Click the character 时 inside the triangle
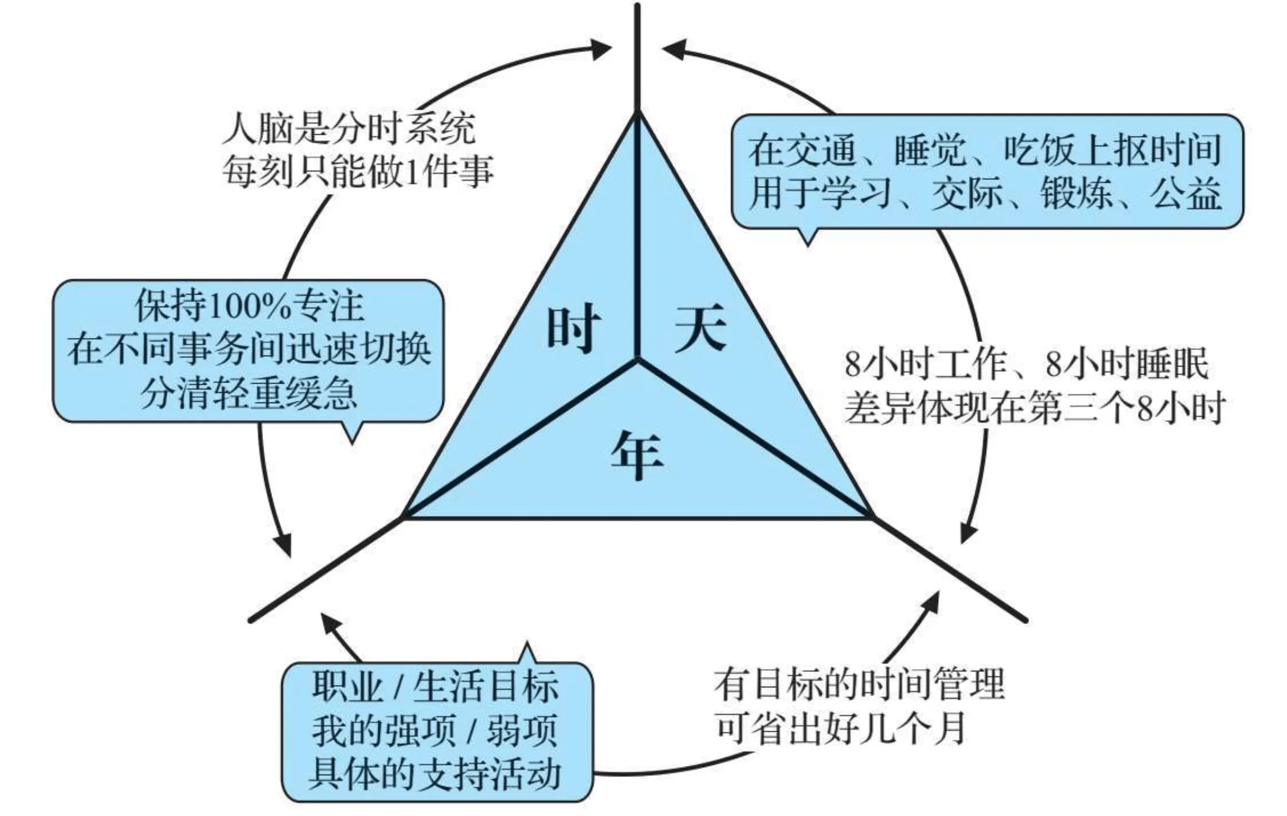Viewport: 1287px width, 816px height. (573, 330)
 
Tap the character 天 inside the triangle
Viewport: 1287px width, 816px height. (701, 329)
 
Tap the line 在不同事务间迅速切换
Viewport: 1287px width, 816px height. (249, 350)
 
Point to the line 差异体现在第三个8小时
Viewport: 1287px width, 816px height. (1034, 407)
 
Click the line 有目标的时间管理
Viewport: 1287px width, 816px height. (859, 684)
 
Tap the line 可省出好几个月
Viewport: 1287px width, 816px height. (841, 728)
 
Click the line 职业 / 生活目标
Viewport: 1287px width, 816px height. (435, 685)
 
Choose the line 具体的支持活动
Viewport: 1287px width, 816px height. (435, 773)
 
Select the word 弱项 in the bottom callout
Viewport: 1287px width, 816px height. (522, 730)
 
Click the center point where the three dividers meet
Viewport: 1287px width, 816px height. (637, 360)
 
